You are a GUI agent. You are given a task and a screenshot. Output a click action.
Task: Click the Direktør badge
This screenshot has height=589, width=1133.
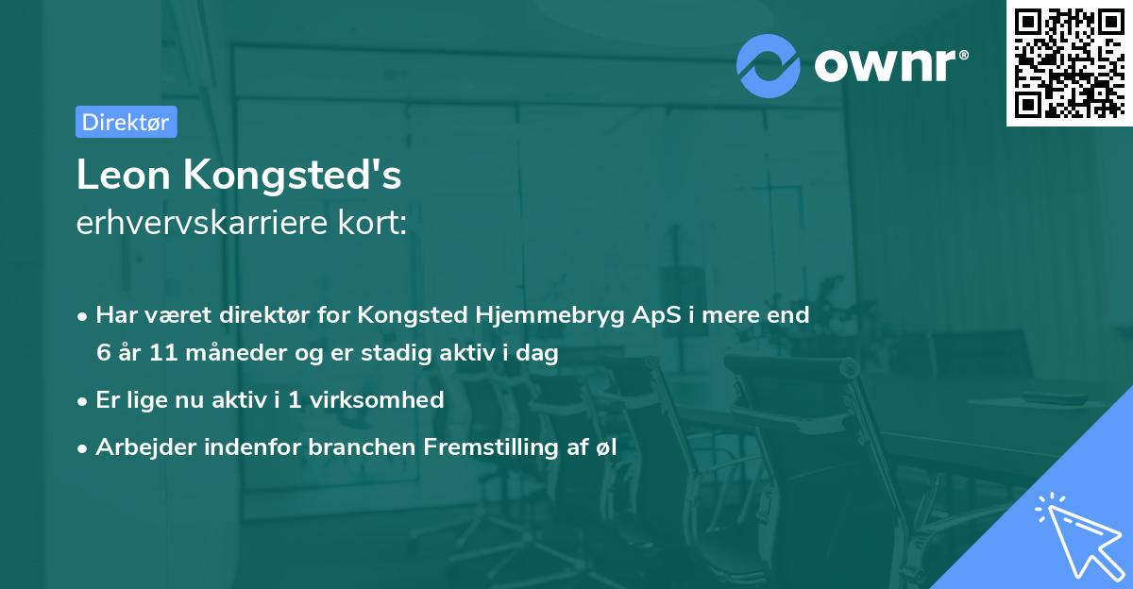126,122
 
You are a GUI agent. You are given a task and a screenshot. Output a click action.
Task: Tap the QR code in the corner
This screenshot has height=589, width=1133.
1069,62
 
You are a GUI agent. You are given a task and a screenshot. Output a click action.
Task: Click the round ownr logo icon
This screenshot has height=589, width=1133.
769,65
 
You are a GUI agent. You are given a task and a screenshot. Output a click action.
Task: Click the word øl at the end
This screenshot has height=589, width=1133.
604,447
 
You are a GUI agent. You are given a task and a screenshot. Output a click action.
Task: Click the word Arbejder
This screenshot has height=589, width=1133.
142,447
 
